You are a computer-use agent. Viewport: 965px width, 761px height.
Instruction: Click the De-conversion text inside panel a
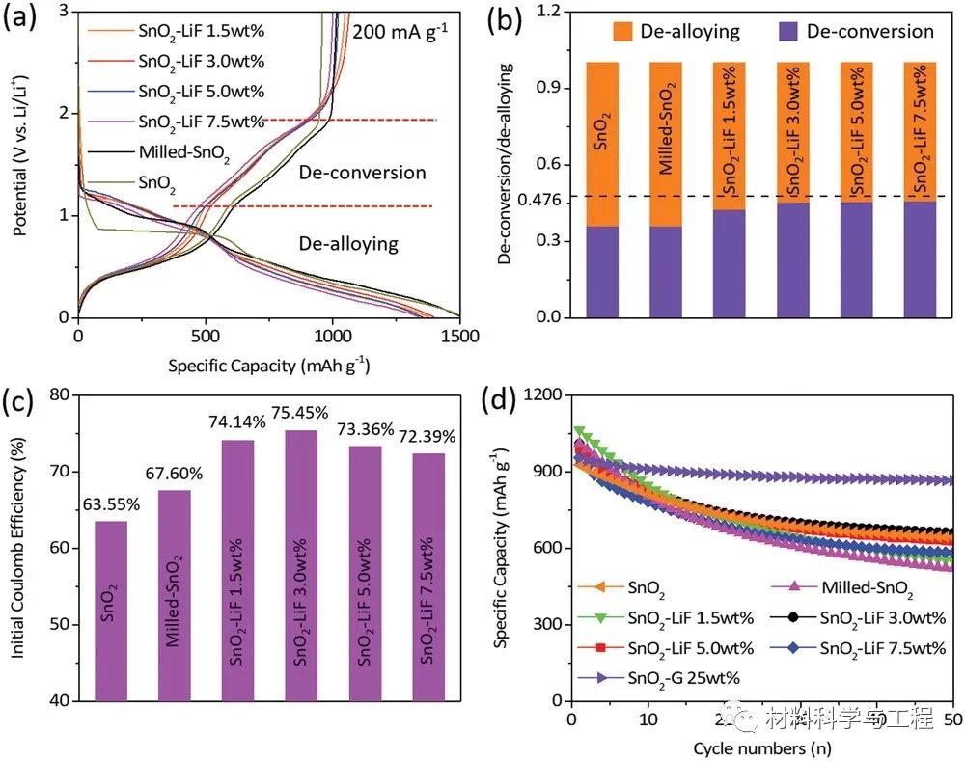[x=362, y=173]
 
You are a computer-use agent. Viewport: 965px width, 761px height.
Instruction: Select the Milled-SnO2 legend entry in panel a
[x=184, y=151]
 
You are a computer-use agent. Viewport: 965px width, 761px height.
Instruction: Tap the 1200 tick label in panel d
[x=541, y=395]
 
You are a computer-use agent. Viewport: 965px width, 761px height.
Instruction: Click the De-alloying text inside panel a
[x=347, y=243]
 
